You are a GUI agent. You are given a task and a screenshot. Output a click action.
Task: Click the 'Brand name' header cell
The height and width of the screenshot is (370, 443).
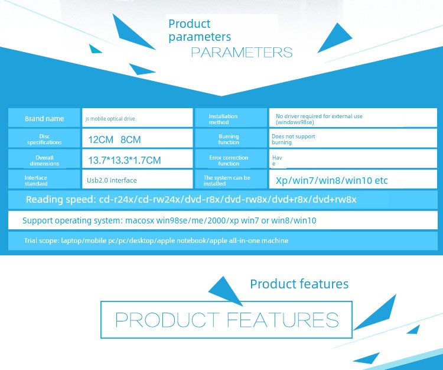tap(44, 118)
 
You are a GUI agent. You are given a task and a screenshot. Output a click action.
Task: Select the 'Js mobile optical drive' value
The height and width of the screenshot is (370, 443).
tap(110, 119)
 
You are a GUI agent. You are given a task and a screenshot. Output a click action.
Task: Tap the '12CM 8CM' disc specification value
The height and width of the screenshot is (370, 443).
tap(115, 139)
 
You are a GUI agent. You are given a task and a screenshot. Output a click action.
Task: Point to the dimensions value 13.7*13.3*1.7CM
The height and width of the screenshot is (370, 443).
tap(125, 160)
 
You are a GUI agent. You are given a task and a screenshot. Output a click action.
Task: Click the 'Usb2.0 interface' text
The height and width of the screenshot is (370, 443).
tap(112, 180)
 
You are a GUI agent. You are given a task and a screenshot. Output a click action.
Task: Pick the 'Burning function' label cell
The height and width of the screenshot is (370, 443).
tap(231, 139)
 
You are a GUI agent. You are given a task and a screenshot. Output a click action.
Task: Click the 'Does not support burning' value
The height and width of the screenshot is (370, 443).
tap(293, 139)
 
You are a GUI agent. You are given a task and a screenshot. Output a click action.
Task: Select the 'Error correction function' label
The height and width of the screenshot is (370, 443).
tap(229, 160)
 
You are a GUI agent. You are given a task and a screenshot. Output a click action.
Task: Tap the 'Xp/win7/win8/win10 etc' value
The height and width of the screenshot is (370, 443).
tap(332, 180)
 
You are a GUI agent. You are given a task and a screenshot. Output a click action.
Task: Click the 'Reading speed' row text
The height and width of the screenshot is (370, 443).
tap(191, 200)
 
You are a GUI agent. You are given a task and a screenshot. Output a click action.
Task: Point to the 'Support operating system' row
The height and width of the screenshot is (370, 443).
tap(170, 220)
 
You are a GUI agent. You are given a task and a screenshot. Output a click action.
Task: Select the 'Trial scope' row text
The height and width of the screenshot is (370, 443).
tap(157, 241)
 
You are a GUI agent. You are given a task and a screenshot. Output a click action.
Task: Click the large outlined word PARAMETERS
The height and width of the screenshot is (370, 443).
tap(242, 52)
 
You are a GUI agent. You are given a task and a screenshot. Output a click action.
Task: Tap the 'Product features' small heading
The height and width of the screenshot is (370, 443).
tap(299, 284)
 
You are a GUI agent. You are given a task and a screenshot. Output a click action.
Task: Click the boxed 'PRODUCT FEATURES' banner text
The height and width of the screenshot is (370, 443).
tap(227, 320)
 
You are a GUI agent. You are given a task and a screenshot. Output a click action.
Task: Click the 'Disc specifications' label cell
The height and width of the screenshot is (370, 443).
tap(44, 139)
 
